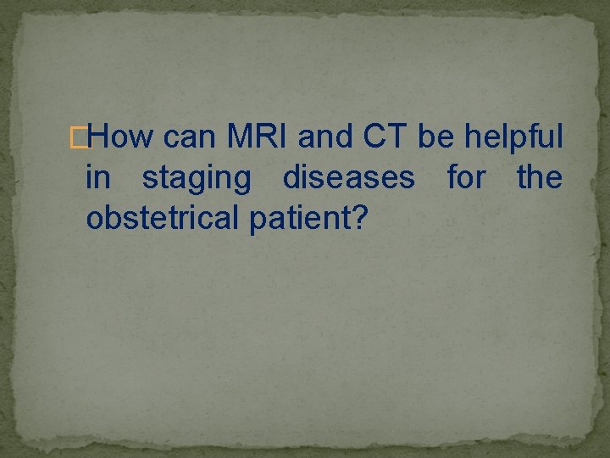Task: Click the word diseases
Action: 348,178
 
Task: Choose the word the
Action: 539,178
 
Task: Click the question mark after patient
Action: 360,220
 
